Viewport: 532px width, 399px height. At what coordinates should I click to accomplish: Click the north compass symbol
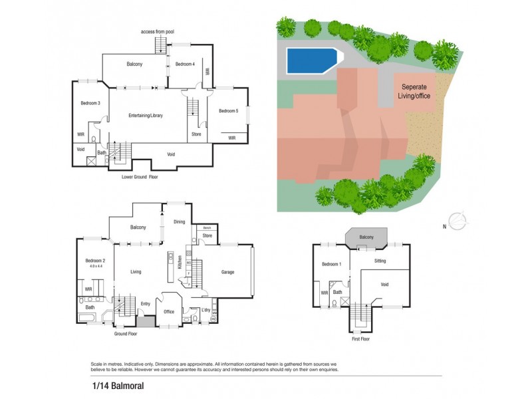pos(458,219)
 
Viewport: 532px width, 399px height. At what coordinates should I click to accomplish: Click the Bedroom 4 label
pos(184,64)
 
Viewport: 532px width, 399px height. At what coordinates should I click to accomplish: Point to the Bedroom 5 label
pos(228,110)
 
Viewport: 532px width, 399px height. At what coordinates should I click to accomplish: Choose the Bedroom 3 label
pos(90,103)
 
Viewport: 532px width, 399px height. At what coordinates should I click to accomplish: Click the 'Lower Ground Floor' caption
pos(140,177)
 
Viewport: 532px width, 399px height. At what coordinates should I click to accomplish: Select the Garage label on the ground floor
pos(227,271)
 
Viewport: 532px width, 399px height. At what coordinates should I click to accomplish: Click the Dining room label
pos(180,222)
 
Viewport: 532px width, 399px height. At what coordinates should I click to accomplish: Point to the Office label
pos(168,311)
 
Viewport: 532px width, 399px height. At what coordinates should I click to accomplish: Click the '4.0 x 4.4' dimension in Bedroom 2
pos(96,266)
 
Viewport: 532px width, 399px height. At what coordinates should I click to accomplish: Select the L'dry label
pos(205,311)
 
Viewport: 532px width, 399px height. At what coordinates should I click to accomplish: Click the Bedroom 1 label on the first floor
pos(332,265)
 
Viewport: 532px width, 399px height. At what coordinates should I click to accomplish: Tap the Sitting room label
pos(380,261)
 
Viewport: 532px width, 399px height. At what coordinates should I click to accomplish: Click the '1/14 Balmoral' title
pos(110,385)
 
